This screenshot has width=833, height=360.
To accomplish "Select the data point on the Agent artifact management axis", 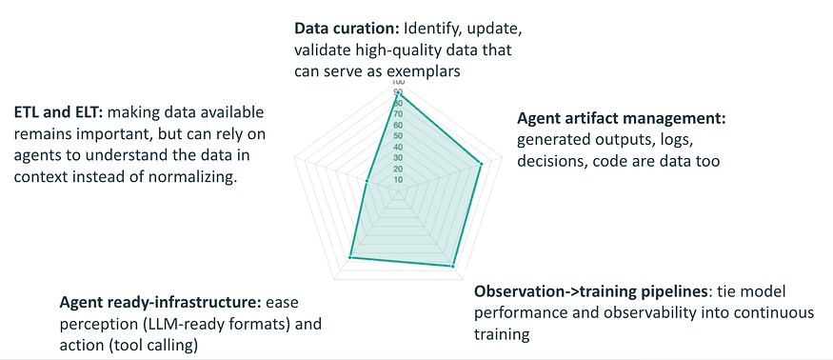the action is [482, 165].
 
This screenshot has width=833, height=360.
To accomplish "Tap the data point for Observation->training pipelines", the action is [453, 266].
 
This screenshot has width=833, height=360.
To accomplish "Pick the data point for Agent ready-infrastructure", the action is [350, 257].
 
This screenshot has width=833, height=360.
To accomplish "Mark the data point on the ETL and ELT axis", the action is [367, 181].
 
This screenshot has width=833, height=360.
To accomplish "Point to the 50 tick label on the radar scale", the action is [398, 136].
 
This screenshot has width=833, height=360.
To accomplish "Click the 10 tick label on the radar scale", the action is [398, 180].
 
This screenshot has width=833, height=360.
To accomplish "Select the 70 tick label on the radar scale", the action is [398, 114].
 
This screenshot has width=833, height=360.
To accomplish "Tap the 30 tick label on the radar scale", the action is [398, 158].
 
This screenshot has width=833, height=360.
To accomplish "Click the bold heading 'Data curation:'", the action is [348, 28].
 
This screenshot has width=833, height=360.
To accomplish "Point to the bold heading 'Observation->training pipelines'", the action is [592, 292].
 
